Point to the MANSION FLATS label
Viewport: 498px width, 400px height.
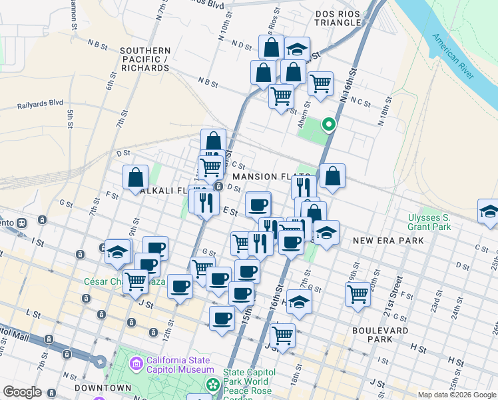263,177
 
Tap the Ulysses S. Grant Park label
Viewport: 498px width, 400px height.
429,223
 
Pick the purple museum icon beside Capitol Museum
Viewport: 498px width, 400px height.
136,364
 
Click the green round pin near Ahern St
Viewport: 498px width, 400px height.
328,125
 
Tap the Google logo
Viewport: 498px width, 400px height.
22,392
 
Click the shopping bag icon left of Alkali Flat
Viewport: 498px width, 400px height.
135,177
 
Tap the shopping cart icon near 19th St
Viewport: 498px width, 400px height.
358,293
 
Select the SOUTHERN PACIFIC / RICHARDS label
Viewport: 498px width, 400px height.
145,59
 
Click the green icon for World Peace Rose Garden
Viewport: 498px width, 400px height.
213,385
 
